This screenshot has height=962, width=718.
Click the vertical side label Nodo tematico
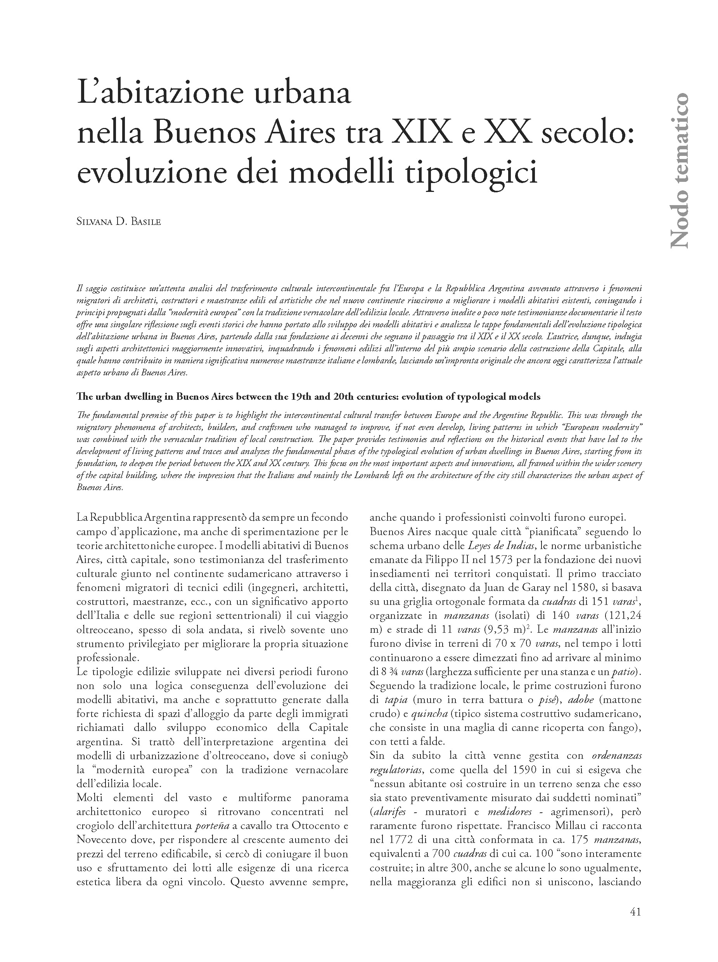(x=678, y=170)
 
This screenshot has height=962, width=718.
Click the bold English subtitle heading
(x=308, y=396)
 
